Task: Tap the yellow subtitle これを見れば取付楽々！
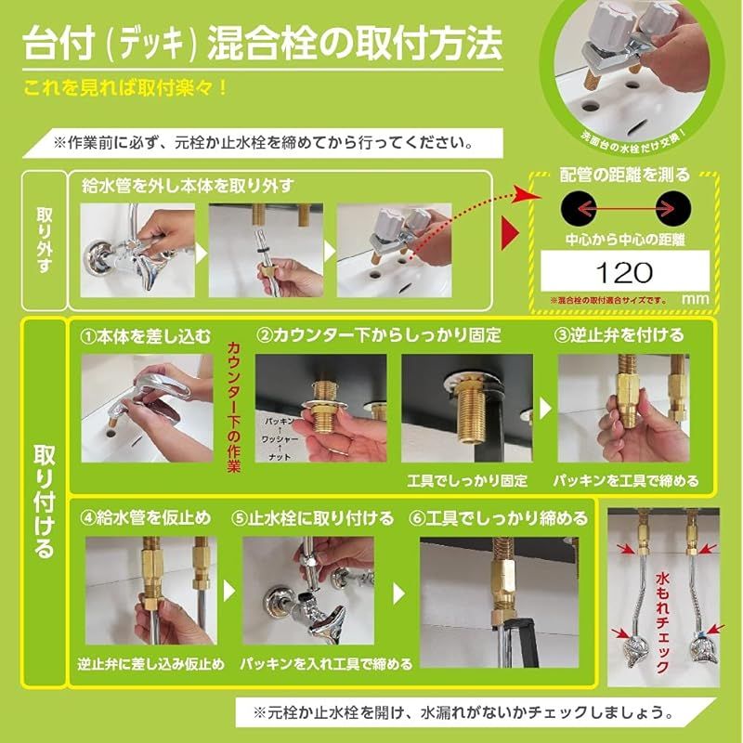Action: coord(126,90)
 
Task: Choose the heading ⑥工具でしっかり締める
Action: coord(500,517)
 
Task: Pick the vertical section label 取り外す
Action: coord(44,241)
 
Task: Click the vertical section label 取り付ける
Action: coord(43,502)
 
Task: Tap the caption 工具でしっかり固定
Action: coord(467,481)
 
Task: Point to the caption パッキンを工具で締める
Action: coord(625,481)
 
